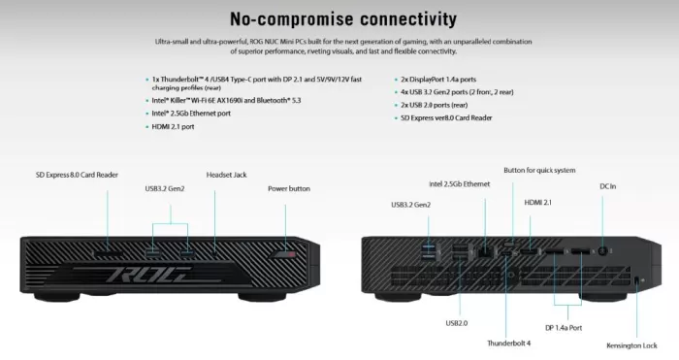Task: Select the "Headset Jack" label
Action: (x=226, y=175)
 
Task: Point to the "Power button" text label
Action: (x=289, y=188)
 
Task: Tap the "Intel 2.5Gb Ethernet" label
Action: (x=460, y=182)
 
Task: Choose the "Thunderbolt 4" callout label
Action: (x=509, y=343)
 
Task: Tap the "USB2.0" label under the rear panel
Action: (x=457, y=322)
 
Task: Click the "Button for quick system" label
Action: (x=539, y=168)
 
